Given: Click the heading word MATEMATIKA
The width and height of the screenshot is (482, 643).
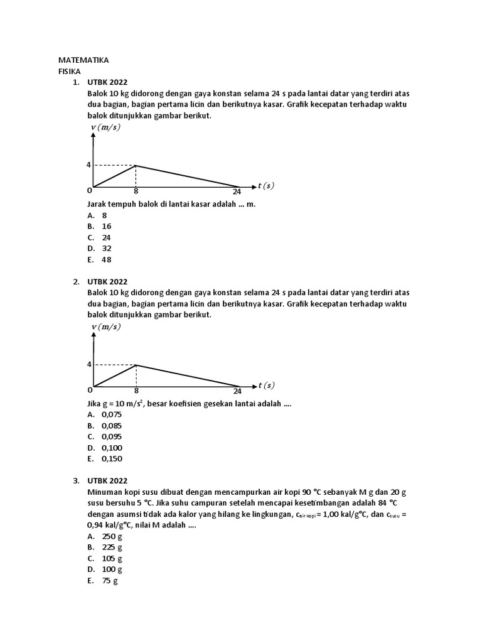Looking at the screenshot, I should pos(83,60).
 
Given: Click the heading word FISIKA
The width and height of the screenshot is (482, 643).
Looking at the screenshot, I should pos(70,72).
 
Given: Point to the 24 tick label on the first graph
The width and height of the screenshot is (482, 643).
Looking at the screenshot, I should pos(237,192).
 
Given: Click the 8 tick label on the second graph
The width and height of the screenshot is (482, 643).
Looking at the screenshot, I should pos(136,391).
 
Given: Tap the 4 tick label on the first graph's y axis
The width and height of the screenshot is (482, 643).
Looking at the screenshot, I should pos(89,165).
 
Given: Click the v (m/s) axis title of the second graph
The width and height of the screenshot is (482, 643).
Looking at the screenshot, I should pos(105,327).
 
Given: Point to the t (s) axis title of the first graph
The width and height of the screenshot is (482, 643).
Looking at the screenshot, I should pos(265,186).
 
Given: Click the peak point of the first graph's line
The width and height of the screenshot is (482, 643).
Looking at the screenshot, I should pos(136,166).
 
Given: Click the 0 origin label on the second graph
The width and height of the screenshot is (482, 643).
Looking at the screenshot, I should pos(90,389).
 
